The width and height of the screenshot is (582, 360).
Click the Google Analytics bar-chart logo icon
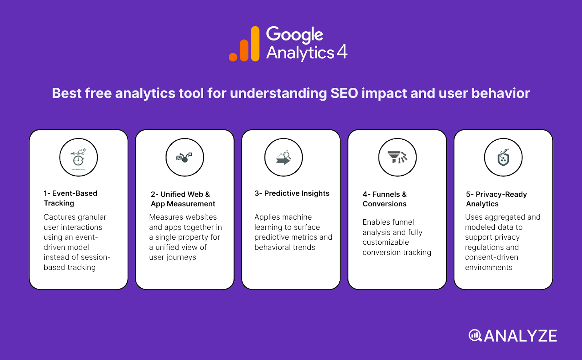click(x=244, y=44)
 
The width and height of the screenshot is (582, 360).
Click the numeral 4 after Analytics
click(x=342, y=52)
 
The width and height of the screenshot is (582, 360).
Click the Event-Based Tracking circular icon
click(x=79, y=157)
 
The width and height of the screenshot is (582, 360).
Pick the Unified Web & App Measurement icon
click(x=185, y=157)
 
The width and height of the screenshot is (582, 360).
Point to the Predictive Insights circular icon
click(x=284, y=157)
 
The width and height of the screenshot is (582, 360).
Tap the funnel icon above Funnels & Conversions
click(x=397, y=157)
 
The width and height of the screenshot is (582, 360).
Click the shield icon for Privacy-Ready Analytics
click(x=503, y=157)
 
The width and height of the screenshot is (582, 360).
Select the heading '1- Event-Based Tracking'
click(x=71, y=198)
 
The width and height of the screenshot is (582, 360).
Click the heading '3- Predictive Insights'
click(x=292, y=193)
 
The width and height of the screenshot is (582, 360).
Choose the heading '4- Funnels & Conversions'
click(x=384, y=199)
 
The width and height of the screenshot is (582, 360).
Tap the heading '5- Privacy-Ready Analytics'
click(x=496, y=199)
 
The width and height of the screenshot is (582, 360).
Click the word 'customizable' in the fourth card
click(x=386, y=242)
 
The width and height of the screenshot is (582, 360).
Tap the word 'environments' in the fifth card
click(x=489, y=268)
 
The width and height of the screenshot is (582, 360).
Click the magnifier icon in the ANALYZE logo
click(x=475, y=335)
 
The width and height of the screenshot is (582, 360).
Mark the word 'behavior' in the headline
click(x=501, y=93)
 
